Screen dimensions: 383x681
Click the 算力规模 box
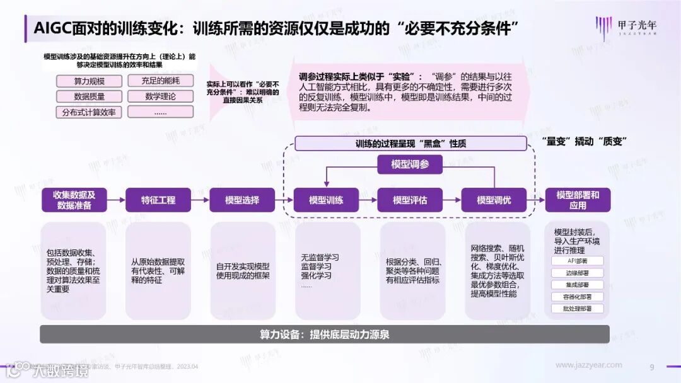(89, 81)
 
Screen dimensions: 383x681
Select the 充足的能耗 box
(160, 81)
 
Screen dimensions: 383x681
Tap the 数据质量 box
(89, 97)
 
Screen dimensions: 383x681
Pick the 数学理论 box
(160, 97)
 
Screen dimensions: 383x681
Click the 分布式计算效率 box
(89, 112)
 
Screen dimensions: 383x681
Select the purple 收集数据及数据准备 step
(74, 200)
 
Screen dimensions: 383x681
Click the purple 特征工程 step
(158, 200)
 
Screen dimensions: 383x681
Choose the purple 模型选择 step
(242, 200)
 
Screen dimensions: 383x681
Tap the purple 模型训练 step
(326, 200)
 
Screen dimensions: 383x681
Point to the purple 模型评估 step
(410, 200)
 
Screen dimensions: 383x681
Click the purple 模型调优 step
(494, 200)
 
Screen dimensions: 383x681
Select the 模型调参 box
(410, 164)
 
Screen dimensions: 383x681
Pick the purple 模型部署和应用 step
(578, 200)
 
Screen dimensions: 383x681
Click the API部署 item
(578, 261)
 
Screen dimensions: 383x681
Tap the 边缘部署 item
(578, 273)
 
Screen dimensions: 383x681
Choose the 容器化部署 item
(578, 297)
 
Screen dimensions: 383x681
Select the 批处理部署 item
(578, 309)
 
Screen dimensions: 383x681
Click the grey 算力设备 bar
(325, 334)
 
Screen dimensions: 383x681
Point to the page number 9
(652, 367)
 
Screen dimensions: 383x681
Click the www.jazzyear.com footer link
(588, 365)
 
